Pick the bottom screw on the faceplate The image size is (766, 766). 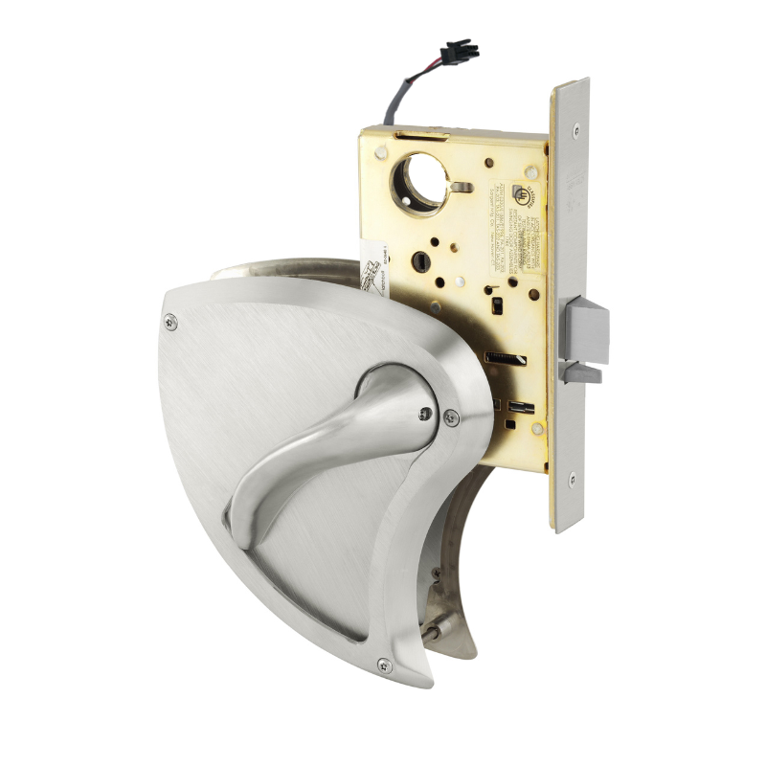coord(573,478)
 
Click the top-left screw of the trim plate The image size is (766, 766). coord(170,323)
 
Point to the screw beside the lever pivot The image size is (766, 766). coord(451,417)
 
